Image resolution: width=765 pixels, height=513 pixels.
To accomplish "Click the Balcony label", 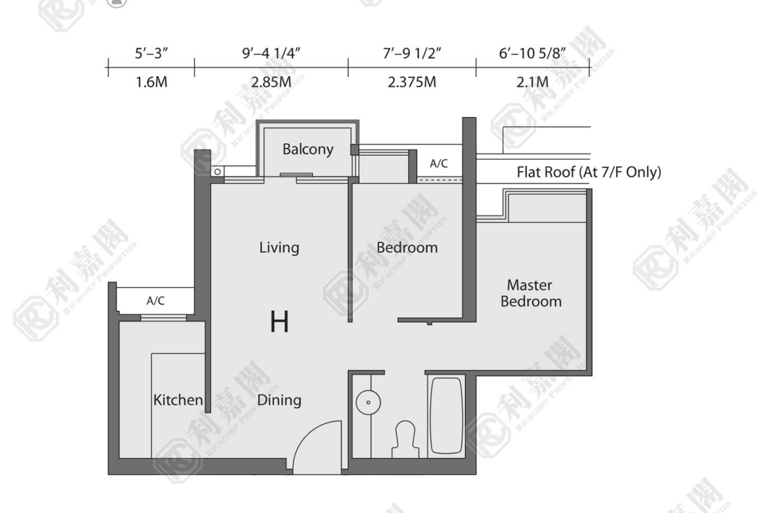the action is tap(308, 149).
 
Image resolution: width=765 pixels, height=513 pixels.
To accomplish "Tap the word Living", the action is tap(279, 247).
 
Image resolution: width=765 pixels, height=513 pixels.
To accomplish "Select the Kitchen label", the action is tap(178, 400).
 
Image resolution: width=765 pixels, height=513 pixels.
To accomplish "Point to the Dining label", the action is tap(279, 400).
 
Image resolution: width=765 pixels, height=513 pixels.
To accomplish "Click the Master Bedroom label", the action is tap(531, 293).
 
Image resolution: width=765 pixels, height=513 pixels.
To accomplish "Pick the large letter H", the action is tap(280, 322).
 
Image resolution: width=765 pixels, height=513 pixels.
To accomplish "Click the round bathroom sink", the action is tap(368, 403).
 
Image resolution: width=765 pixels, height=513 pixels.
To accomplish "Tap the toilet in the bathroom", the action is tap(405, 439).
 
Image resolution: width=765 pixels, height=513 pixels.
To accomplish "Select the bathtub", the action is tap(446, 416).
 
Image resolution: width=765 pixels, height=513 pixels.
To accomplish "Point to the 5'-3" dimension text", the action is tap(151, 53).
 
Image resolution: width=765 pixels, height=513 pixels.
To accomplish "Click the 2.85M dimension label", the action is tap(271, 82).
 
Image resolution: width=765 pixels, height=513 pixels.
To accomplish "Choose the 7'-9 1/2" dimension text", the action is tap(412, 53).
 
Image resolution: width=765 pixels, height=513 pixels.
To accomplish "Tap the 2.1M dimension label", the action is tap(532, 82).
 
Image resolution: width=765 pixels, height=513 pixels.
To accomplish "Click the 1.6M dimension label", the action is tap(151, 82).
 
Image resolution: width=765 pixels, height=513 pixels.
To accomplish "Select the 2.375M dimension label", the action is tap(412, 82).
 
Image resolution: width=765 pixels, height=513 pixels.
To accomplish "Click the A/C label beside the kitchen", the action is tap(156, 301).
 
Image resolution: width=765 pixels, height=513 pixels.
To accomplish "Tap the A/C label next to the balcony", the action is tap(439, 163).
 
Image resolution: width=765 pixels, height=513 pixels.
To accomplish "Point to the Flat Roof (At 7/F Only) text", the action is tap(589, 172).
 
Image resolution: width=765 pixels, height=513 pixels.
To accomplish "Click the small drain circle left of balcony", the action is tap(218, 172).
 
